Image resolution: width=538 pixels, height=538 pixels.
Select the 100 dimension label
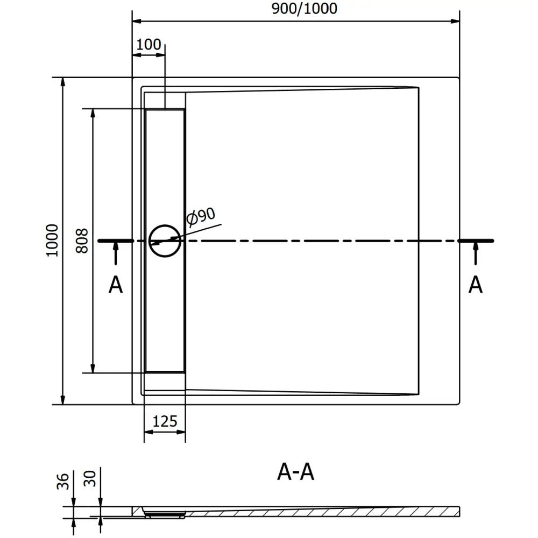click(x=149, y=44)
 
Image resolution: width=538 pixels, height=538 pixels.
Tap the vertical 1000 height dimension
click(x=52, y=240)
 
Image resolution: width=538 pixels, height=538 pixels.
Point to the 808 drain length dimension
click(x=81, y=240)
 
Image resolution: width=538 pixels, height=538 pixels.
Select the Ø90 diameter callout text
click(x=201, y=216)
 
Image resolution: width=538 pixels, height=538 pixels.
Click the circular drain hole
click(x=165, y=241)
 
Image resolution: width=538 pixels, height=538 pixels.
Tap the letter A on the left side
click(x=116, y=285)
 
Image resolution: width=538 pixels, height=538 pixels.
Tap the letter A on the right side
click(x=476, y=285)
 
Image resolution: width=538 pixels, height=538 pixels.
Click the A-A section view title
click(x=296, y=472)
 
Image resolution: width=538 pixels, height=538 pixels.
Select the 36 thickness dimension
click(x=63, y=481)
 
